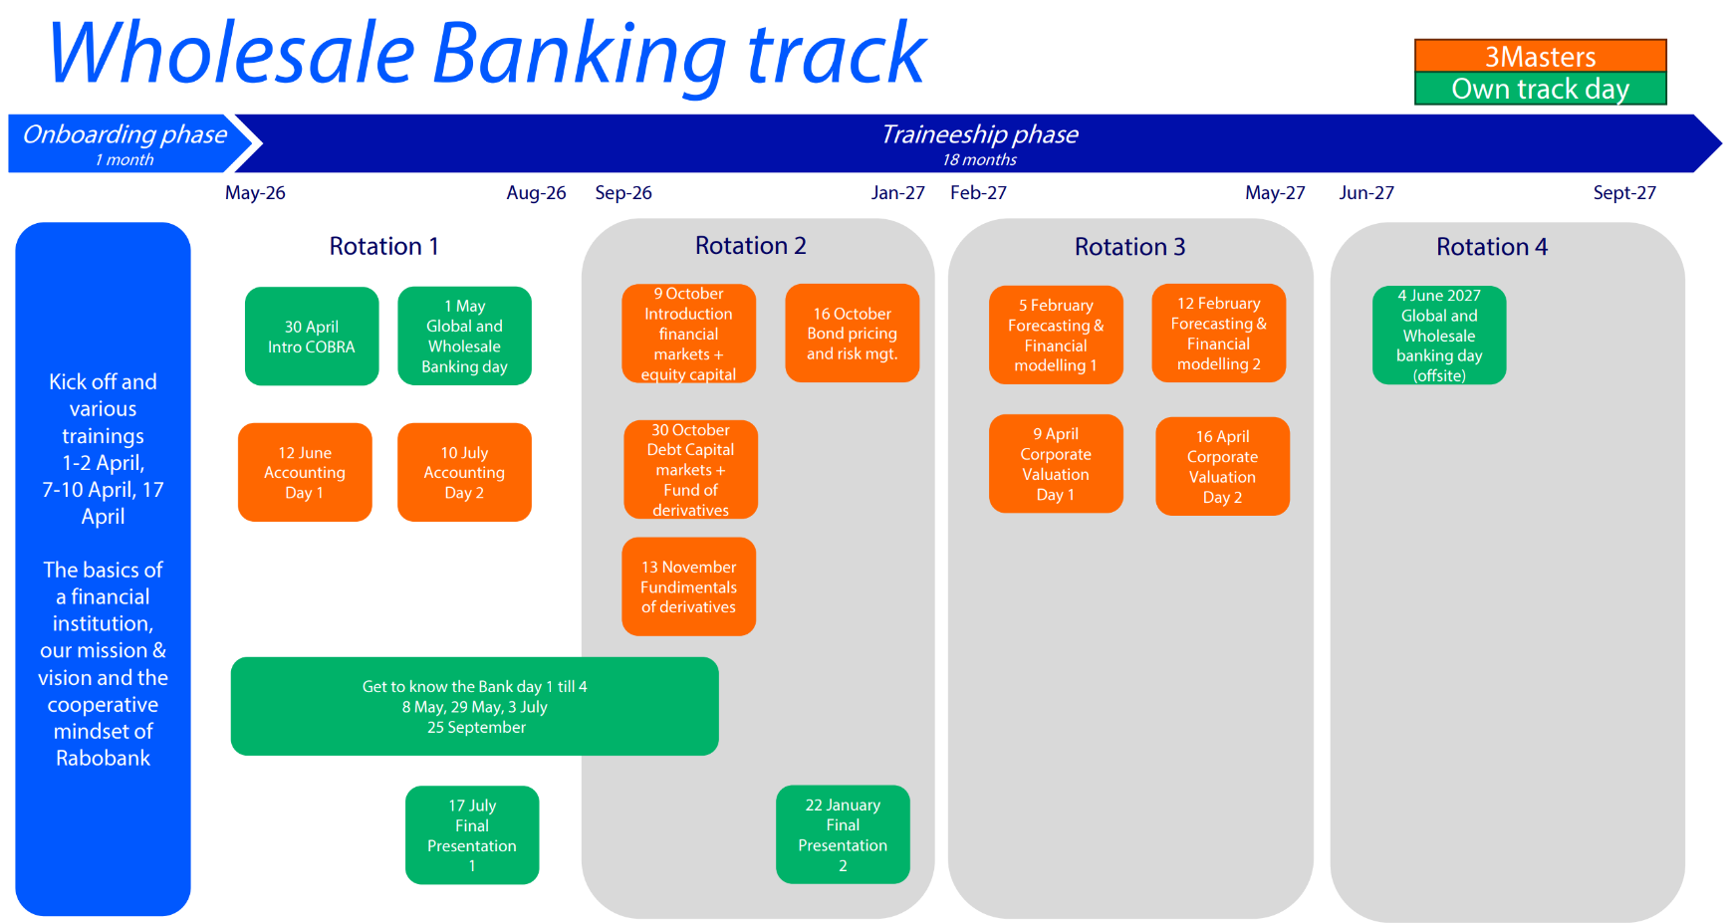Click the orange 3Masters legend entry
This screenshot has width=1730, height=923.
[1540, 56]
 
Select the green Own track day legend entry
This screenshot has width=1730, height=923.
[1540, 89]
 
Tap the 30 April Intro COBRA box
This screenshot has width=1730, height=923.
[312, 337]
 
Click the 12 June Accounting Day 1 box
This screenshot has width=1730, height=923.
[305, 472]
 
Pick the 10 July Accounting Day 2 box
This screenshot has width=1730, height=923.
[464, 472]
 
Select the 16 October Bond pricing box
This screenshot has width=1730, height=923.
[852, 334]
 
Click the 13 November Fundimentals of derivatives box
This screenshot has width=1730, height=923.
[688, 586]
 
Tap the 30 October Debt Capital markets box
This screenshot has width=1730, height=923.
[690, 469]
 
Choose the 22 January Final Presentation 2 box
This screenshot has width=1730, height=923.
[843, 834]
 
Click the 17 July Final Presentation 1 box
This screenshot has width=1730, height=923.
[472, 834]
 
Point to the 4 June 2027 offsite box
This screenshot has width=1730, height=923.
[1438, 335]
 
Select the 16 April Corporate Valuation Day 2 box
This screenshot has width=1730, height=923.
[1222, 466]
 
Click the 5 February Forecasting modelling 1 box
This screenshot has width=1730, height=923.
[1056, 335]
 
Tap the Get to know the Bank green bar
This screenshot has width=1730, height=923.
[474, 706]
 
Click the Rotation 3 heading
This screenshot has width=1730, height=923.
[1129, 246]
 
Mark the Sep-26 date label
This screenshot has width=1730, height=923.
[623, 193]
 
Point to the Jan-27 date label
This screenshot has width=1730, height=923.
[897, 193]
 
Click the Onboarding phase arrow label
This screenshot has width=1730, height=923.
[124, 134]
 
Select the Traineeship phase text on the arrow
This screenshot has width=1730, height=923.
[979, 134]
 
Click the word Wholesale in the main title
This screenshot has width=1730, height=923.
[231, 54]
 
